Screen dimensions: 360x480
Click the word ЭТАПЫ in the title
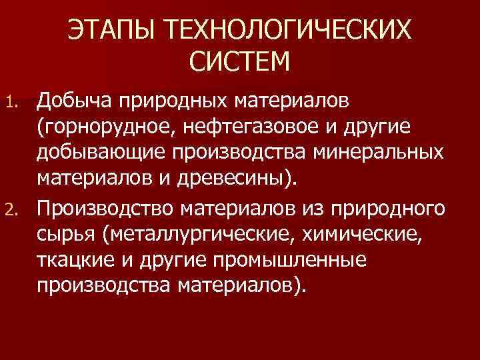pos(111,31)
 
